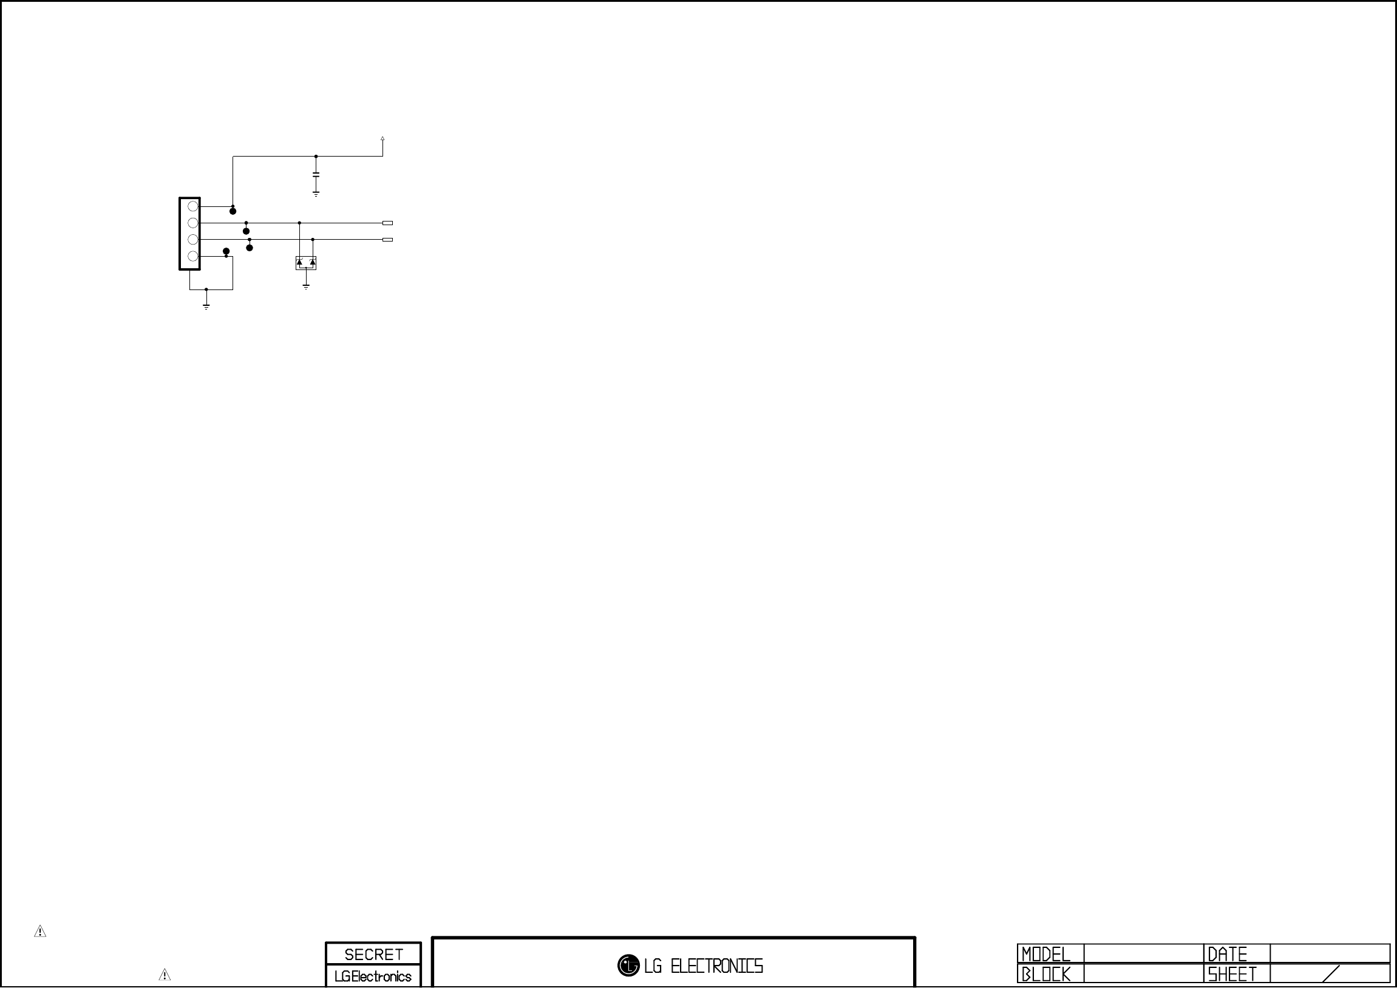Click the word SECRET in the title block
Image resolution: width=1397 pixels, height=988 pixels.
pyautogui.click(x=373, y=954)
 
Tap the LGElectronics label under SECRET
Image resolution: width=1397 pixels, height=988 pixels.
pyautogui.click(x=373, y=976)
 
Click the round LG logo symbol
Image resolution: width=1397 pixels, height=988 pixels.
pyautogui.click(x=628, y=965)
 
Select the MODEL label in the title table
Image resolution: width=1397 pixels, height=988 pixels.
pyautogui.click(x=1046, y=954)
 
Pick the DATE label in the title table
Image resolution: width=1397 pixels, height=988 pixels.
pyautogui.click(x=1227, y=954)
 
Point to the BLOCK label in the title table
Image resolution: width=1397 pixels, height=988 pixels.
pyautogui.click(x=1046, y=974)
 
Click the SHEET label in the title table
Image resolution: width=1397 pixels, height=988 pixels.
pyautogui.click(x=1232, y=974)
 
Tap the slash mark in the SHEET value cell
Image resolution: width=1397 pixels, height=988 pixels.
pyautogui.click(x=1331, y=973)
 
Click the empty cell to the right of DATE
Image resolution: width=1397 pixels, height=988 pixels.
pyautogui.click(x=1330, y=953)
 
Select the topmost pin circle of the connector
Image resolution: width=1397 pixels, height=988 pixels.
pyautogui.click(x=193, y=206)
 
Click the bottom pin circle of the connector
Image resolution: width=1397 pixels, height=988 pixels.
pyautogui.click(x=193, y=256)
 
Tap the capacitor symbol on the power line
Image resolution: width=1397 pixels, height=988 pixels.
pyautogui.click(x=316, y=175)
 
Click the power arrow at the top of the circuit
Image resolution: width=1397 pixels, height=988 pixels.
pyautogui.click(x=382, y=140)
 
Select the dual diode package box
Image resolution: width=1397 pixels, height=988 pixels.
pyautogui.click(x=306, y=263)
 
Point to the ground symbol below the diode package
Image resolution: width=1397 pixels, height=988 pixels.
pyautogui.click(x=306, y=286)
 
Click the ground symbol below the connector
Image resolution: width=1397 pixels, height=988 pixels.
pyautogui.click(x=206, y=306)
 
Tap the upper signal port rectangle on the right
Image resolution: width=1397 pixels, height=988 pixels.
pyautogui.click(x=387, y=223)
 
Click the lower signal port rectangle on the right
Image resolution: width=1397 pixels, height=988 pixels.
pyautogui.click(x=387, y=240)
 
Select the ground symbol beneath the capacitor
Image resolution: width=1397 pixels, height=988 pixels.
pyautogui.click(x=316, y=194)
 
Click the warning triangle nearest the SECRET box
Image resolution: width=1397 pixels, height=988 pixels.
pyautogui.click(x=165, y=975)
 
